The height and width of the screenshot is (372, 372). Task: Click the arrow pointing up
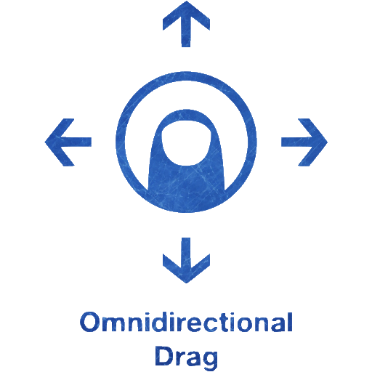[186, 24]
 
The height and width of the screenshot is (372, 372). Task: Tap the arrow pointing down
[186, 260]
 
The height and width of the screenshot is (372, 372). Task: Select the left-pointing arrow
[68, 142]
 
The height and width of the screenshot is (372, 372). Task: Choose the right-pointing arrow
[304, 142]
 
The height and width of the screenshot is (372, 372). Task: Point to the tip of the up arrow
[186, 1]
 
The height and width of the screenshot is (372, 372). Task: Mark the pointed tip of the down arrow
[186, 283]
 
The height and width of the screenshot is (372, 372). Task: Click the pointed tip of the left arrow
[45, 142]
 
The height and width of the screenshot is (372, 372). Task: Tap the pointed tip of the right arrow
[327, 142]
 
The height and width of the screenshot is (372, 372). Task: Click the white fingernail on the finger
[186, 143]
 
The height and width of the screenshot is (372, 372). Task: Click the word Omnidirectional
[186, 322]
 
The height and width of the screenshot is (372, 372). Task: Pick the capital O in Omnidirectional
[89, 322]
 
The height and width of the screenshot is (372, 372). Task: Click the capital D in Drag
[164, 356]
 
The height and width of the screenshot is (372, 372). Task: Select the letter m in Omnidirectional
[113, 325]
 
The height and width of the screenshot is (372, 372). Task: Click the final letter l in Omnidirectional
[290, 322]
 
